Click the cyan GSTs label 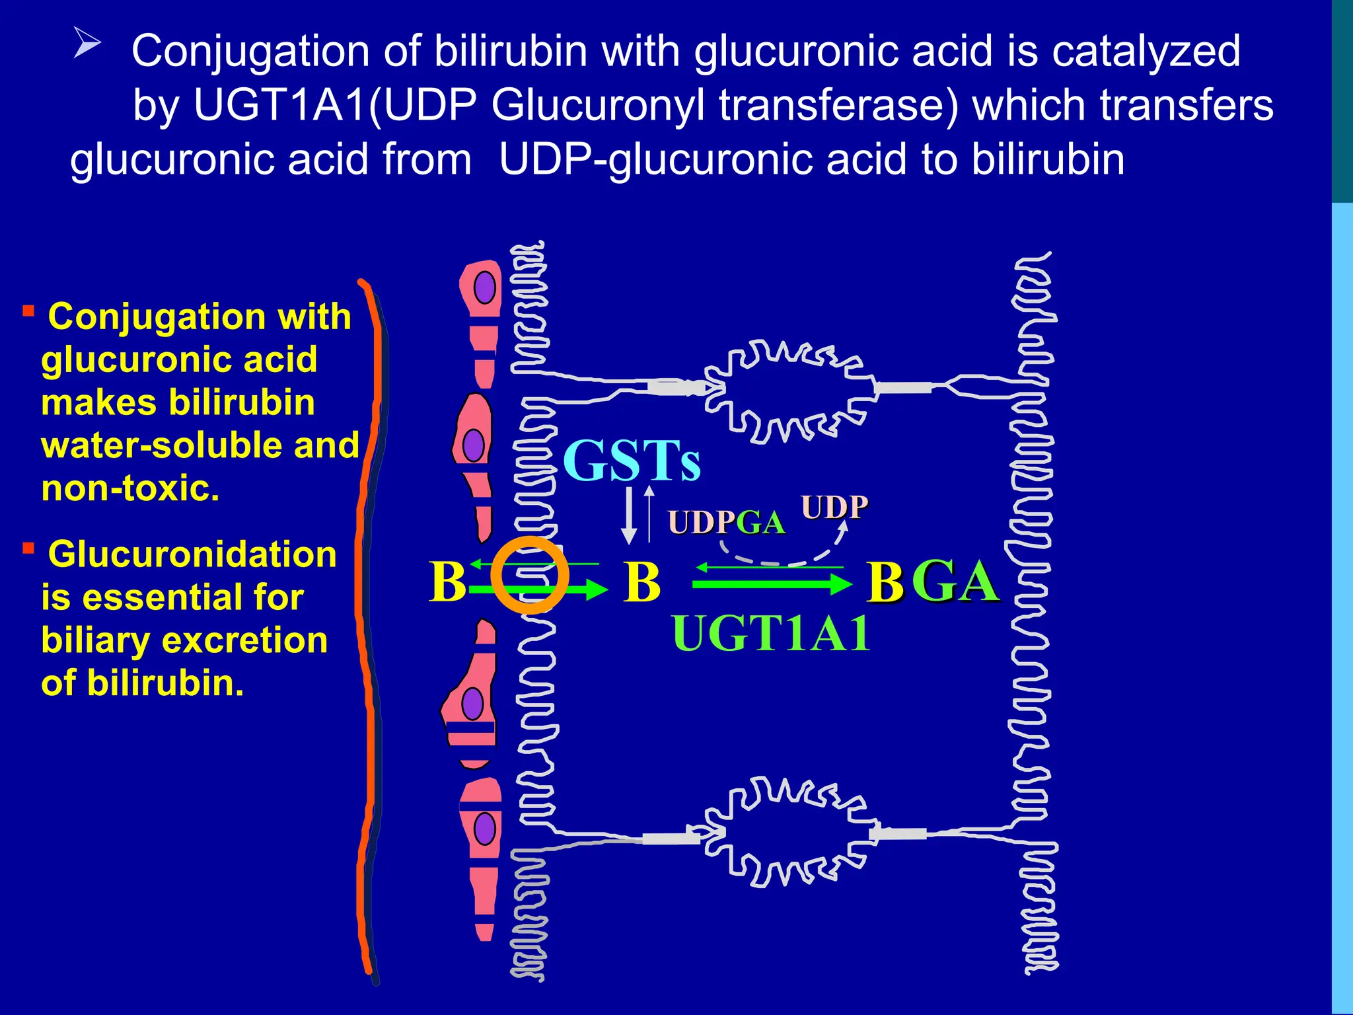point(632,461)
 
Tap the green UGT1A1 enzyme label point(771,633)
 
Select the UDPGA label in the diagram point(727,523)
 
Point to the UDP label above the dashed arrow point(834,507)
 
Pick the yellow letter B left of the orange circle point(447,582)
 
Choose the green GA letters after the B point(955,582)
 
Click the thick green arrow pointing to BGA point(771,583)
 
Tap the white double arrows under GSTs point(638,515)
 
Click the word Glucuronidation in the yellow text point(192,554)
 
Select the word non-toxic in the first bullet point(130,488)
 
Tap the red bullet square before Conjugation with point(28,311)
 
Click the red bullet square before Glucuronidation point(28,548)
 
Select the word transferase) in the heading point(838,105)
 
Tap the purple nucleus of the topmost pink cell point(485,287)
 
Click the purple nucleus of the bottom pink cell point(484,828)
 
